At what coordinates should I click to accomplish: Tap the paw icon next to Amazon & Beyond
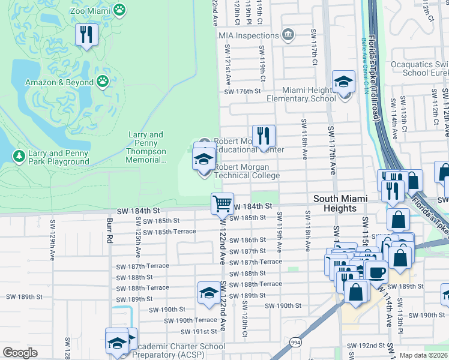coord(103,81)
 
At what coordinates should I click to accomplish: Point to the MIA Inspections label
coord(253,35)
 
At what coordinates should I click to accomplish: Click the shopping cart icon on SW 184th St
coord(222,204)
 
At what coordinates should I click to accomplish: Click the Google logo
coord(20,353)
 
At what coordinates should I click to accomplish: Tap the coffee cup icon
coord(376,272)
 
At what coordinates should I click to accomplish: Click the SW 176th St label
coord(243,92)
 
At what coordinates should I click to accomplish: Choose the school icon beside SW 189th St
coord(208,293)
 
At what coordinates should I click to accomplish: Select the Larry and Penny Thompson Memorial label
coord(146,148)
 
